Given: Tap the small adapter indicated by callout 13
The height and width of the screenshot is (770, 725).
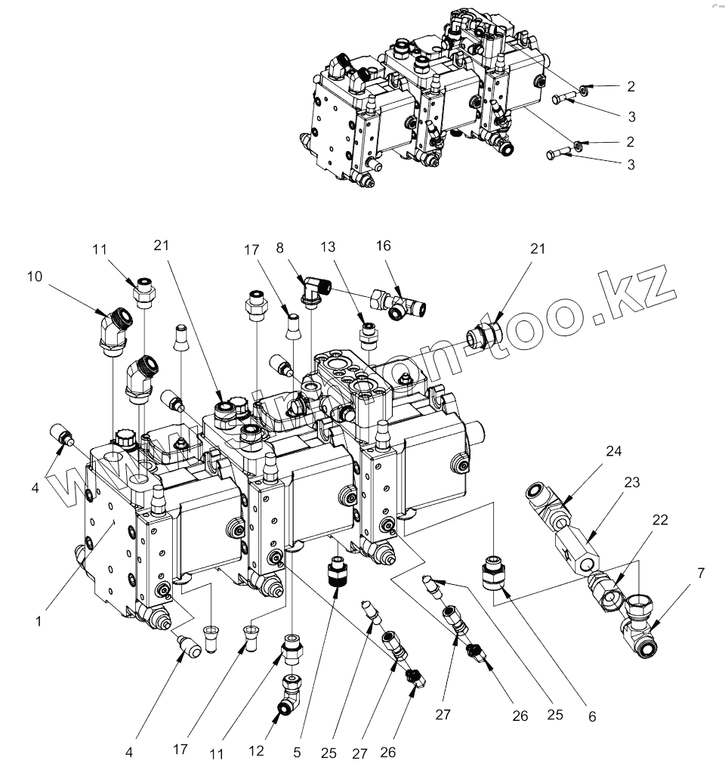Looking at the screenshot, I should (x=368, y=332).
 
